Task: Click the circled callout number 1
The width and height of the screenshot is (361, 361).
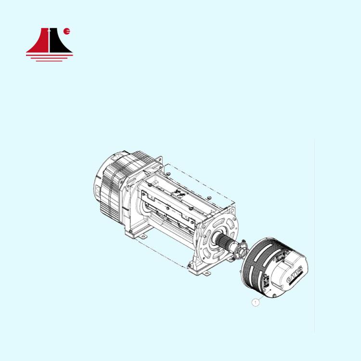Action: pyautogui.click(x=256, y=303)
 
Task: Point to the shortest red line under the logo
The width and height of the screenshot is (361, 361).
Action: pyautogui.click(x=50, y=60)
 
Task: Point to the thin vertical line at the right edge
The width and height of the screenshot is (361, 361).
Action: pyautogui.click(x=314, y=236)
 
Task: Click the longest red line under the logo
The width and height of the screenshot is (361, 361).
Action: pyautogui.click(x=50, y=54)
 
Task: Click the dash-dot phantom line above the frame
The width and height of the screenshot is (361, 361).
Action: pyautogui.click(x=202, y=178)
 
